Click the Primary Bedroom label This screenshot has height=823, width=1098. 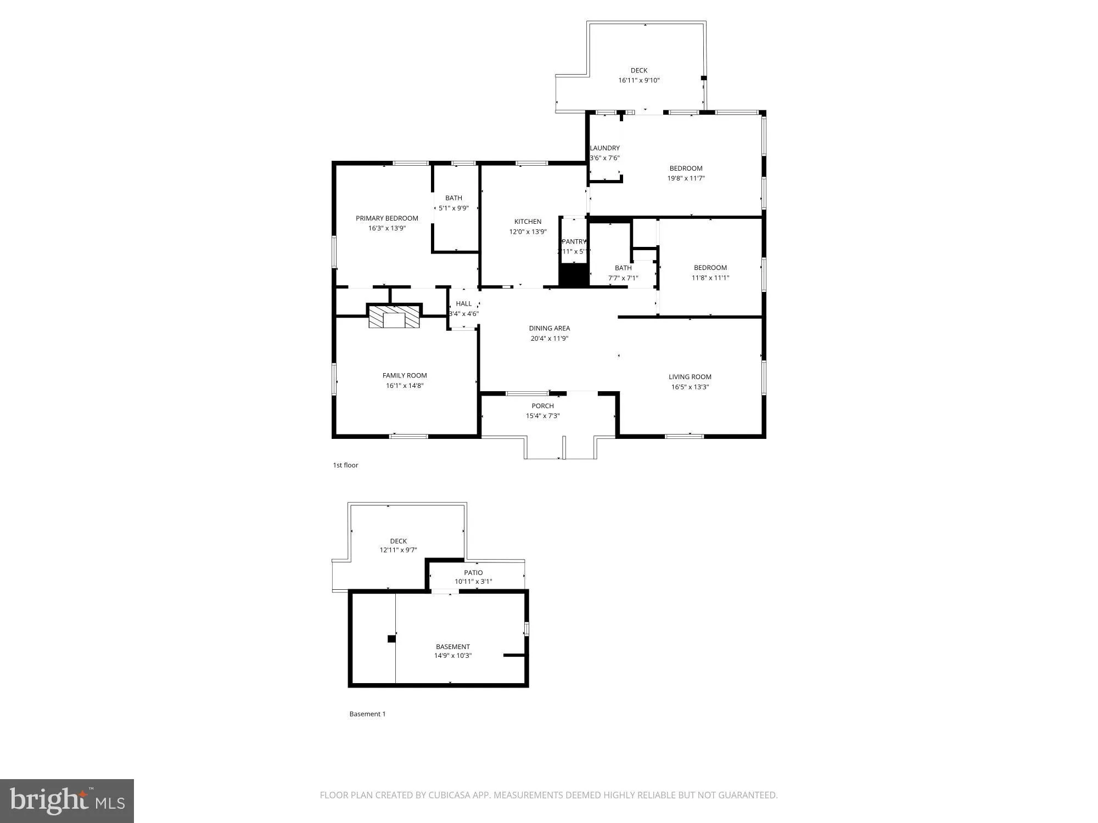click(x=386, y=218)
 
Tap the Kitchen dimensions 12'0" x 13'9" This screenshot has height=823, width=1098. click(x=528, y=232)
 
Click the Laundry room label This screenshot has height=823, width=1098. click(x=604, y=148)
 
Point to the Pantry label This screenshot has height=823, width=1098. click(x=574, y=241)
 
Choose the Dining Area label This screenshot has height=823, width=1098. click(x=549, y=328)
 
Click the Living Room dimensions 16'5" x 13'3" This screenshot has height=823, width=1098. click(x=690, y=387)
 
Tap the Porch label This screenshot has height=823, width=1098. click(x=542, y=406)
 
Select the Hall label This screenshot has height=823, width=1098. click(x=463, y=303)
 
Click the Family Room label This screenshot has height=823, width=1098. click(x=405, y=375)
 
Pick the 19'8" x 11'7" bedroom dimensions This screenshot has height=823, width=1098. click(x=686, y=178)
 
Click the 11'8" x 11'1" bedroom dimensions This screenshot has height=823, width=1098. click(x=710, y=278)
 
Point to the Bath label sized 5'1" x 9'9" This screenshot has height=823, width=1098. click(x=453, y=198)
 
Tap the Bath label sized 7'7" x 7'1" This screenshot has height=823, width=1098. click(x=623, y=268)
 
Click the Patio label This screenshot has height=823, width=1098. click(x=473, y=572)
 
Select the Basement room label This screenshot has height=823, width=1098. click(x=452, y=646)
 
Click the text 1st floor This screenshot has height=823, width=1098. click(x=345, y=465)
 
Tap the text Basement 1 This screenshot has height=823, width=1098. click(x=367, y=714)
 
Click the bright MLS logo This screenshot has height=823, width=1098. click(x=67, y=801)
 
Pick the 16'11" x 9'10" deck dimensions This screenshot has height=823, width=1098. click(x=638, y=80)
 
